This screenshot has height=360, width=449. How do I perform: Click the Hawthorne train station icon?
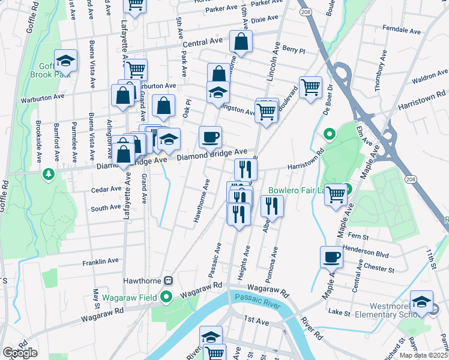tap(169, 280)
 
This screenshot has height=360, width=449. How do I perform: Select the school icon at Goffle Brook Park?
tap(65, 61)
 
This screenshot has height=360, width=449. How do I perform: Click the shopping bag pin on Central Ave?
tap(241, 42)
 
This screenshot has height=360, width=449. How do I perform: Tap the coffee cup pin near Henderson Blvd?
tap(331, 257)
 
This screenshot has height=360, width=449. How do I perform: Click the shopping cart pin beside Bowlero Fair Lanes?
tap(336, 194)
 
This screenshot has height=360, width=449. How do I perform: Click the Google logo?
tap(20, 353)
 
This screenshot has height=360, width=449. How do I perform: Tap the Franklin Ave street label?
tap(100, 262)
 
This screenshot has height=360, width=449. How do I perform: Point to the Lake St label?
tap(339, 312)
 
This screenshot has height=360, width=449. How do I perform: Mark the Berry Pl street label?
tap(294, 52)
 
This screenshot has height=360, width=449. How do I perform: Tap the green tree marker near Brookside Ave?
tap(49, 175)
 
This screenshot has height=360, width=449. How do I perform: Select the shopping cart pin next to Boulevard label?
tap(310, 88)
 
